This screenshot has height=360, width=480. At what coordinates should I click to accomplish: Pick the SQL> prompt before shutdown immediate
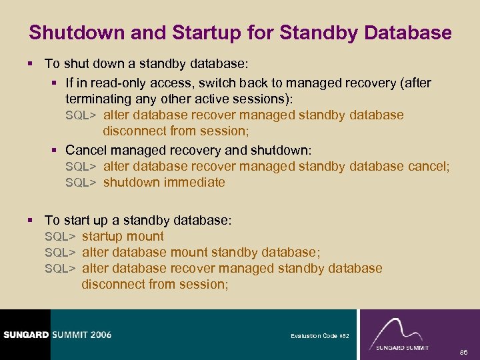tap(81, 182)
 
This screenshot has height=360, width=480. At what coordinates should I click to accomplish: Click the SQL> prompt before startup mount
tap(60, 237)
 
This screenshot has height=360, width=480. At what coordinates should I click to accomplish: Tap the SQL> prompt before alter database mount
tap(60, 253)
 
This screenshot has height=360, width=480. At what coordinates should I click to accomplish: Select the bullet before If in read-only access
tap(55, 83)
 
